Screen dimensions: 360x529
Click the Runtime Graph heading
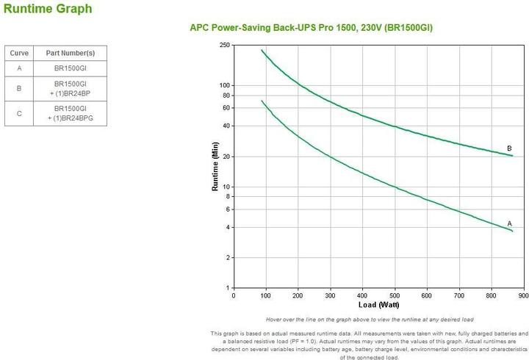[48, 10]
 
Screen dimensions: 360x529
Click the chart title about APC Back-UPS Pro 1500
[311, 28]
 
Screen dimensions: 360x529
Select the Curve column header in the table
[18, 54]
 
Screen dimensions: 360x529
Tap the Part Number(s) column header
[70, 54]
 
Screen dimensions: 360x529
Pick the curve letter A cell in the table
[18, 68]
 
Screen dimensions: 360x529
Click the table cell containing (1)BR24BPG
[70, 118]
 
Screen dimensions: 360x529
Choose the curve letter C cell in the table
[18, 113]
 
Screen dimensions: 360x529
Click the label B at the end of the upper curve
[509, 148]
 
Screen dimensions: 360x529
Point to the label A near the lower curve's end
[509, 223]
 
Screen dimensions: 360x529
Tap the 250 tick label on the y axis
[224, 46]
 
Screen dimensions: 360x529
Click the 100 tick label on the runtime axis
[224, 86]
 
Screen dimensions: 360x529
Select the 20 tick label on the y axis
[226, 157]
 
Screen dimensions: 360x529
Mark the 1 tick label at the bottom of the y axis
[228, 288]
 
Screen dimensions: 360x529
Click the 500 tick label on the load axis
[395, 295]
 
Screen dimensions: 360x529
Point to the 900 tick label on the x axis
[523, 295]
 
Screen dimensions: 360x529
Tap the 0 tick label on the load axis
[234, 295]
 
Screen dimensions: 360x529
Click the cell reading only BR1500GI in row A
[70, 68]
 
